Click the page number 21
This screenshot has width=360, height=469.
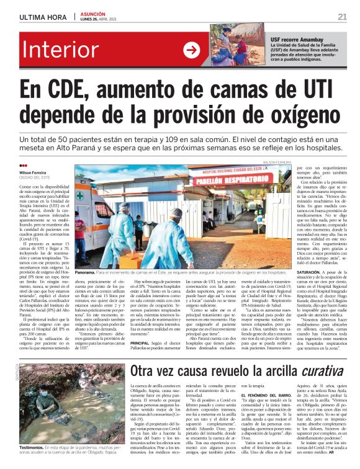[342, 16]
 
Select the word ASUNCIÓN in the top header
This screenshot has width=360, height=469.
[95, 12]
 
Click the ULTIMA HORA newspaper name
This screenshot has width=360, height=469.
[42, 17]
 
